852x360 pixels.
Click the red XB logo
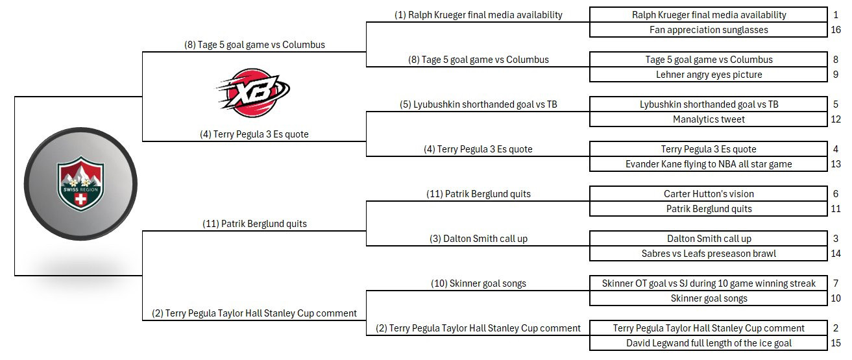pyautogui.click(x=253, y=93)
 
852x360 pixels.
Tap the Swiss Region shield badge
pyautogui.click(x=80, y=184)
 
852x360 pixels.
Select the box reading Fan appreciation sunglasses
pyautogui.click(x=708, y=30)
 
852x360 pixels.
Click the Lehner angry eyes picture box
pyautogui.click(x=708, y=75)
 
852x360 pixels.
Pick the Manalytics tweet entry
pyautogui.click(x=708, y=119)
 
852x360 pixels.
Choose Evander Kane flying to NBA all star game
pyautogui.click(x=708, y=164)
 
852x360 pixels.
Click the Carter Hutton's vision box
pyautogui.click(x=708, y=194)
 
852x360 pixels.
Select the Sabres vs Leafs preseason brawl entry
pyautogui.click(x=708, y=254)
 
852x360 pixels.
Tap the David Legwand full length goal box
pyautogui.click(x=708, y=343)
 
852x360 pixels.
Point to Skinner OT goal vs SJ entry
pyautogui.click(x=708, y=283)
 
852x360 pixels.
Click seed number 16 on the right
pyautogui.click(x=836, y=30)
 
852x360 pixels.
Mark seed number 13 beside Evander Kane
pyautogui.click(x=836, y=164)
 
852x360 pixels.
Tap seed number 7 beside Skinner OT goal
pyautogui.click(x=836, y=283)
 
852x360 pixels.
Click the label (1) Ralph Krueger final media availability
pyautogui.click(x=478, y=15)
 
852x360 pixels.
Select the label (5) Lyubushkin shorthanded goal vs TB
pyautogui.click(x=478, y=104)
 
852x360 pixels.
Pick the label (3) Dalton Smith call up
pyautogui.click(x=478, y=239)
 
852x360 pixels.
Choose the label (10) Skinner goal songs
pyautogui.click(x=478, y=283)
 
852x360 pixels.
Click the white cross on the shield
pyautogui.click(x=80, y=199)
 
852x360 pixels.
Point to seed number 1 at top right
pyautogui.click(x=836, y=15)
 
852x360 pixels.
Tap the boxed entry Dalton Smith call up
pyautogui.click(x=708, y=238)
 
